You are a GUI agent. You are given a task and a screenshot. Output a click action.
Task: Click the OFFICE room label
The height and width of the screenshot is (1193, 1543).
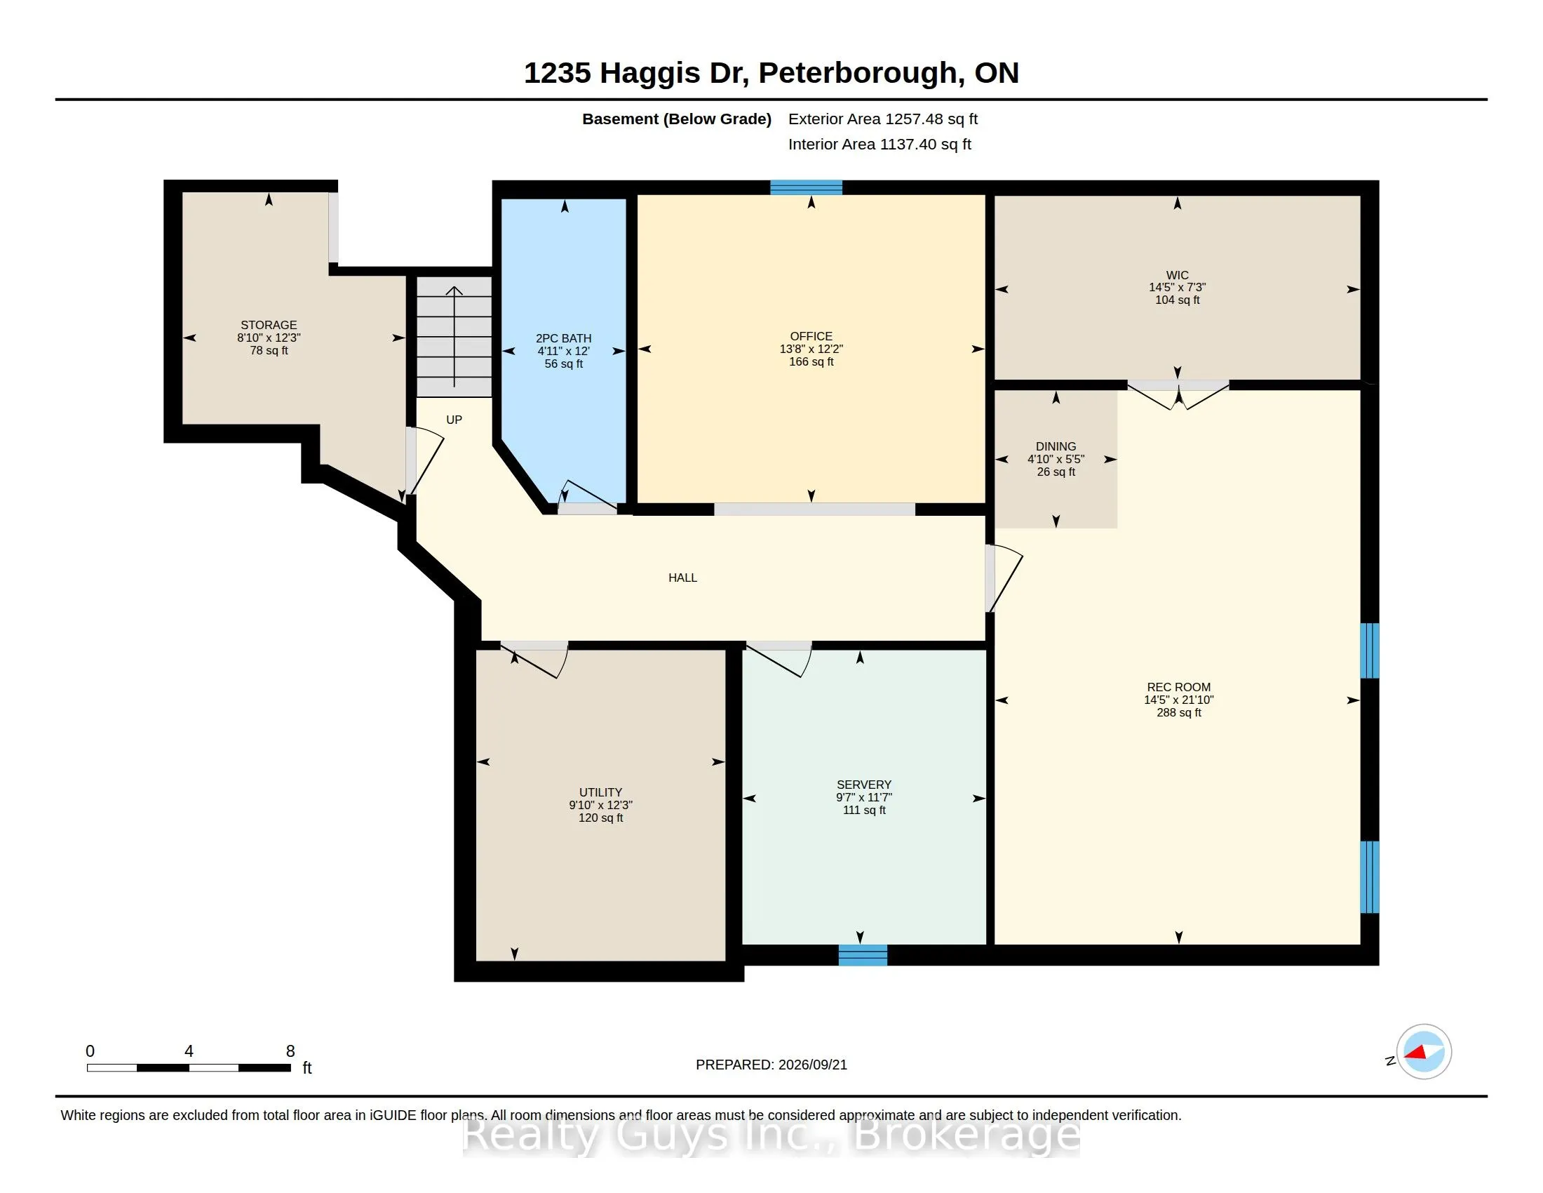point(811,336)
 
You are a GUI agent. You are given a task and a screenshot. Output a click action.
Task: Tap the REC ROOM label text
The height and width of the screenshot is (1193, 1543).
point(1178,687)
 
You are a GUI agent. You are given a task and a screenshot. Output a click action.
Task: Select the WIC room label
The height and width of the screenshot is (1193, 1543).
point(1177,275)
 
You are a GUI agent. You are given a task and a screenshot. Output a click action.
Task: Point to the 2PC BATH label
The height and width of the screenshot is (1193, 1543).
point(564,338)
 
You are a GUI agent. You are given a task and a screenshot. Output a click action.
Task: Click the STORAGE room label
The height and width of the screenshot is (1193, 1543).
point(269,325)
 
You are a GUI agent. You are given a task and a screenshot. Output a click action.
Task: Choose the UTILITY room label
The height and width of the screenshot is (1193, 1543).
point(600,792)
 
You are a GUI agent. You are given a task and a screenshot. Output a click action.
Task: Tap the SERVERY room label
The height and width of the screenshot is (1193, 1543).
point(864,785)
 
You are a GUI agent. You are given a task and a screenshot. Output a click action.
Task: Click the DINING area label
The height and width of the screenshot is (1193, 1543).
point(1056,446)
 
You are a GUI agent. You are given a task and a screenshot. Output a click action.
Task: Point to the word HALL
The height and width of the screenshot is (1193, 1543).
point(682,578)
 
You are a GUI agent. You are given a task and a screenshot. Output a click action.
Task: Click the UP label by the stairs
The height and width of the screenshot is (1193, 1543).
point(454,420)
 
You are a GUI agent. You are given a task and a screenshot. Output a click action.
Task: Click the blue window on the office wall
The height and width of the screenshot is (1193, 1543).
point(806,187)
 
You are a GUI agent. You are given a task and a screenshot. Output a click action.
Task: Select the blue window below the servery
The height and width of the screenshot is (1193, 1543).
point(863,955)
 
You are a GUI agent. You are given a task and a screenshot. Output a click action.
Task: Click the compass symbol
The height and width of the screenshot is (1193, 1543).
point(1424,1052)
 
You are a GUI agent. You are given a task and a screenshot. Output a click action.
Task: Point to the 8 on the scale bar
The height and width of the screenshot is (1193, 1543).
point(290,1051)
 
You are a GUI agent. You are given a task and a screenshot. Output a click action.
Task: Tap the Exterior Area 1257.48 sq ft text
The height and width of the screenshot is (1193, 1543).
point(882,119)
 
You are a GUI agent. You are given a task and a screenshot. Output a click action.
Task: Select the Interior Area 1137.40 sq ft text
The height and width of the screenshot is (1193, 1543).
point(880,144)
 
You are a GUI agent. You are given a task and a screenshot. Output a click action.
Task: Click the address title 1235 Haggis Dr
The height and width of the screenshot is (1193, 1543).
point(636,73)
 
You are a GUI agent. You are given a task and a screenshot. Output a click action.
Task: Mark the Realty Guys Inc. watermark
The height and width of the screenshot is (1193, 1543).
point(771,1135)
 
